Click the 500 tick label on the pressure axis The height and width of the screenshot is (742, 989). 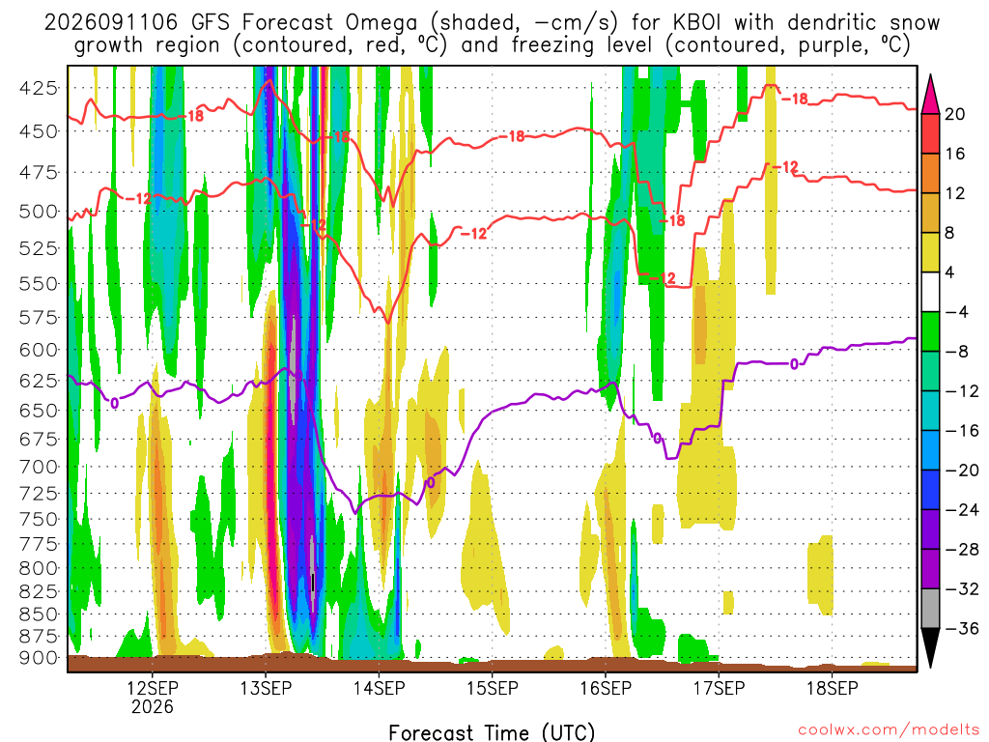(39, 212)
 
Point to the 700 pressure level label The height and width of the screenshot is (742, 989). (39, 468)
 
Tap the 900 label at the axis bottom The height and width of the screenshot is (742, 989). (39, 658)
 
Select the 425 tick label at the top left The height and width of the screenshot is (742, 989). (39, 88)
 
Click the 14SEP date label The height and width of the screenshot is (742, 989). (379, 688)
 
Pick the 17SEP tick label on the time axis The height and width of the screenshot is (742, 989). (719, 688)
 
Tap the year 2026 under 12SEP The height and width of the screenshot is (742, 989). (152, 706)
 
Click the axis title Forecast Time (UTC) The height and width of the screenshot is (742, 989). (492, 732)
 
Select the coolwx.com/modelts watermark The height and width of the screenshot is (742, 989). (889, 730)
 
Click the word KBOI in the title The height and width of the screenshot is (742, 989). (697, 23)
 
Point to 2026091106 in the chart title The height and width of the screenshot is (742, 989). (111, 23)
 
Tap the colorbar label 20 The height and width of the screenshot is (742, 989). (954, 114)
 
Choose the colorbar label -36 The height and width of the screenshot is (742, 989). (961, 628)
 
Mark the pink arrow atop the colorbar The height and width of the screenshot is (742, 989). (930, 94)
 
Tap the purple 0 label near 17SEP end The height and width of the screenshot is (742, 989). (794, 364)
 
